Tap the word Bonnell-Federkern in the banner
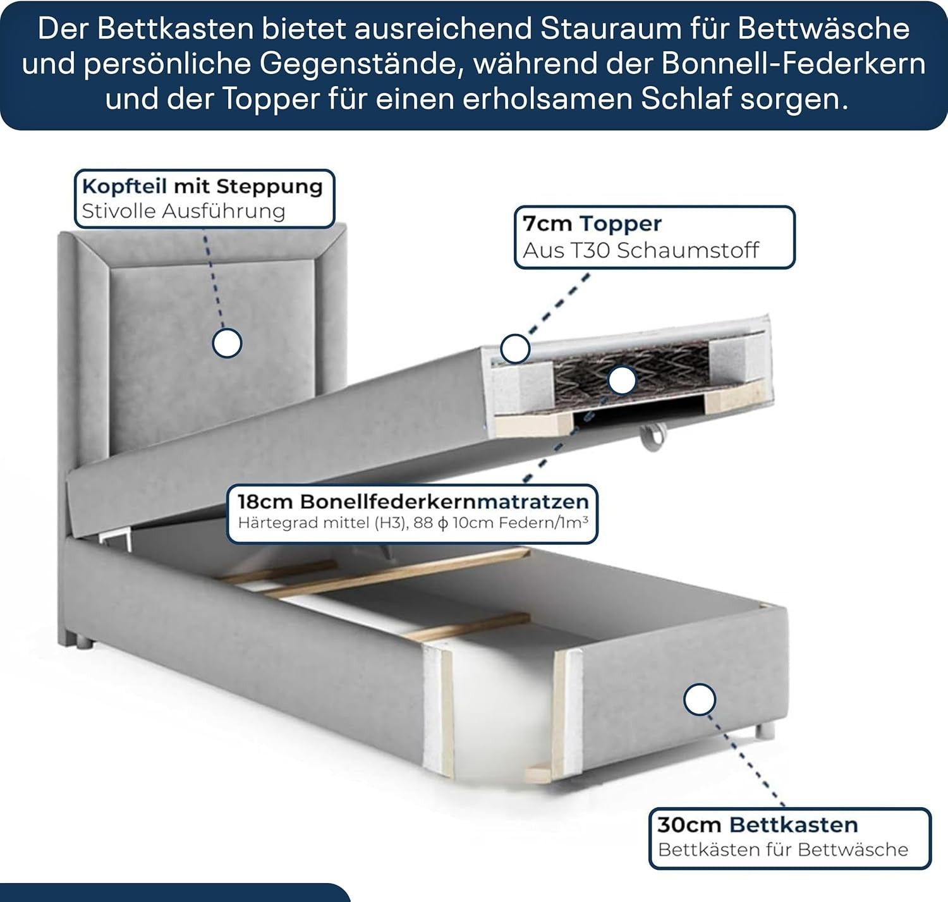click(x=793, y=64)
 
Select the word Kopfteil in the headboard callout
click(x=125, y=186)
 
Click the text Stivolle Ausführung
click(x=184, y=211)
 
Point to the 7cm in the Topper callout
click(x=547, y=224)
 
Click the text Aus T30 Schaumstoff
click(x=641, y=250)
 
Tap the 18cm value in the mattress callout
click(x=265, y=502)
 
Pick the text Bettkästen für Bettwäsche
click(x=783, y=850)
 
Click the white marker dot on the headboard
click(x=227, y=343)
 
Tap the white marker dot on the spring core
click(x=622, y=381)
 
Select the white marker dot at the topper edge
click(x=515, y=349)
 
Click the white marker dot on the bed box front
click(x=699, y=699)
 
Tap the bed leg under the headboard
click(x=82, y=643)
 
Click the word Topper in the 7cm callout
click(x=621, y=224)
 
